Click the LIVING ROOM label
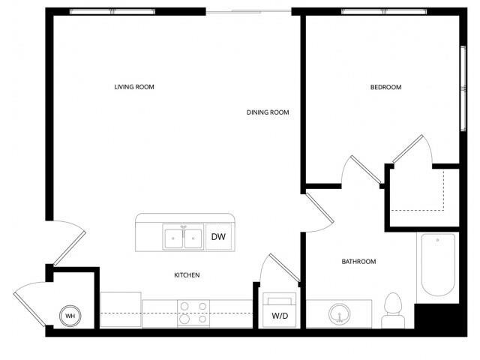coord(134,87)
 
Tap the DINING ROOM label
coord(268,112)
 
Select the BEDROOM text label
coord(385,87)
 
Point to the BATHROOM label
coord(358,262)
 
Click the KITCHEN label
coord(187,275)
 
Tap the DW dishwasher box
coord(218,238)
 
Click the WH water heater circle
coord(70,316)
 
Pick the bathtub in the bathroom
coord(439,267)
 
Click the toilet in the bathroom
coord(392,308)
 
